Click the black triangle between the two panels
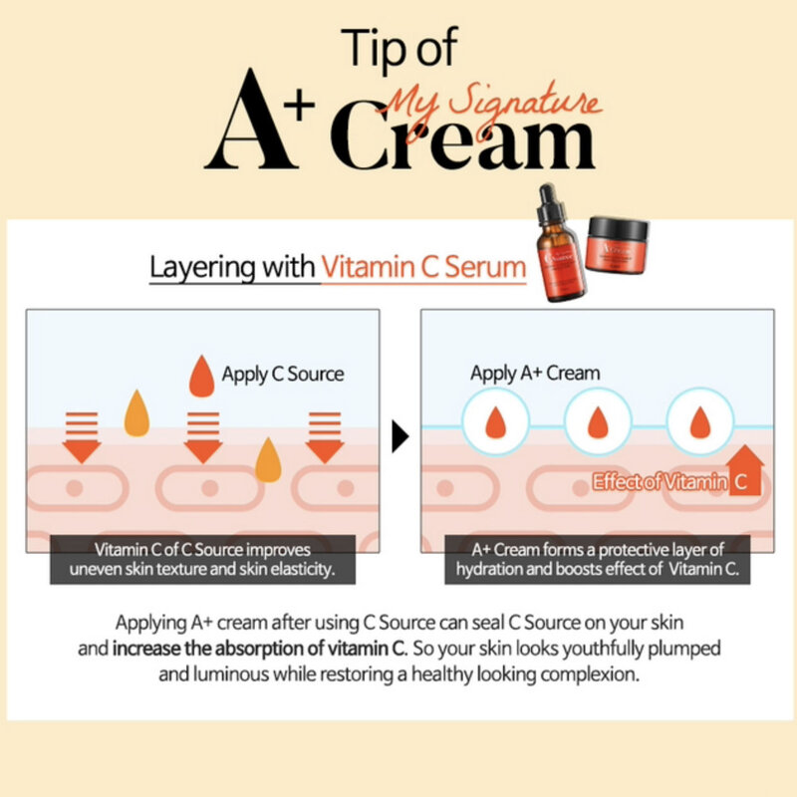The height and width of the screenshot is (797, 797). point(400,436)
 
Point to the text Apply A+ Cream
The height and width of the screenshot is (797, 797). point(534,374)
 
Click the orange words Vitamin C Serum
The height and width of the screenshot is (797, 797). point(423,268)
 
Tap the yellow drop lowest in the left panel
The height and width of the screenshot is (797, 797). point(268,460)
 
